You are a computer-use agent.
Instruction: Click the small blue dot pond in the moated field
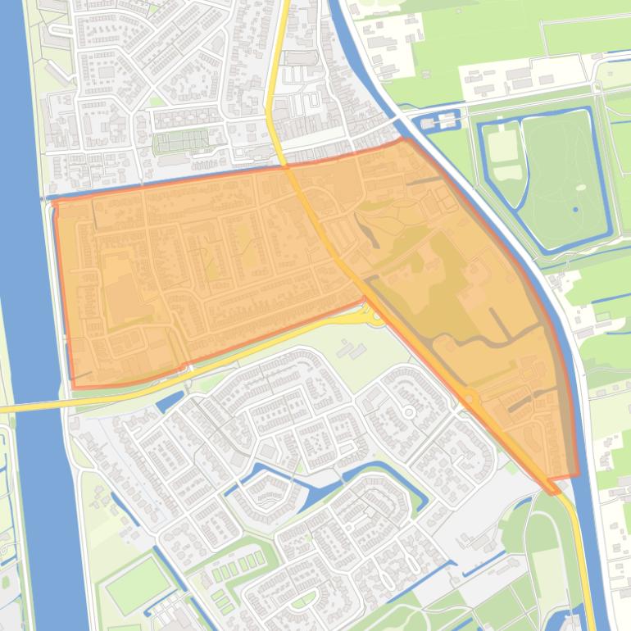coord(575,209)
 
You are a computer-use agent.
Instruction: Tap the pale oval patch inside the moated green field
coord(581,187)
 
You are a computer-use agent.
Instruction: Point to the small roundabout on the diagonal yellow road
coord(470,399)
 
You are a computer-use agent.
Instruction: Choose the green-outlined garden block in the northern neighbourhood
coord(181,143)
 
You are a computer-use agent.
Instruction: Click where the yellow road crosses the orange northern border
coord(286,166)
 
